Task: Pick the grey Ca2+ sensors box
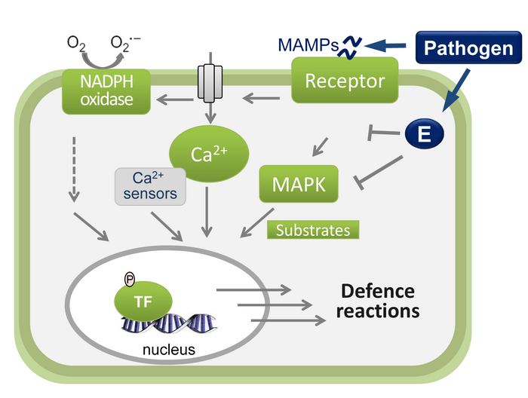pos(149,186)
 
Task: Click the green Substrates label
pos(312,230)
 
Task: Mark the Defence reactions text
pos(378,300)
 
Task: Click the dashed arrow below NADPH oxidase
pos(74,170)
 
